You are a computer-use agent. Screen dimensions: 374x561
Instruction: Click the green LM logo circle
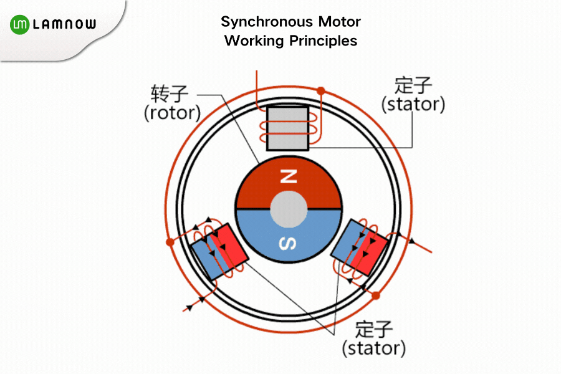click(21, 25)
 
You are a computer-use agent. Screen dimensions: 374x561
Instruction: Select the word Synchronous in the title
click(257, 22)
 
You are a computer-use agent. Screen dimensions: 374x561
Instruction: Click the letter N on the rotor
click(289, 177)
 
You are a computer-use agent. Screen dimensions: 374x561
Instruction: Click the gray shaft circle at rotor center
click(289, 209)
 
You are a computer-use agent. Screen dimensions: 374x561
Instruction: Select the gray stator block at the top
click(287, 128)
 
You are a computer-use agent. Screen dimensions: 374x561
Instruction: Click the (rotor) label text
click(172, 113)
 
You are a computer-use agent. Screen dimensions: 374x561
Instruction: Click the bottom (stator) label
click(373, 347)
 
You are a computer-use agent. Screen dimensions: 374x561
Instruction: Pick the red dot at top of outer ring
click(321, 91)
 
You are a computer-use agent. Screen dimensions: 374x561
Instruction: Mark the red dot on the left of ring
click(169, 242)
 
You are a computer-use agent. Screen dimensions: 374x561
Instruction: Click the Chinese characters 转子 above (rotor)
click(169, 94)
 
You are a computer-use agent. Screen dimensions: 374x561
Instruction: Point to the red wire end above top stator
click(257, 74)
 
